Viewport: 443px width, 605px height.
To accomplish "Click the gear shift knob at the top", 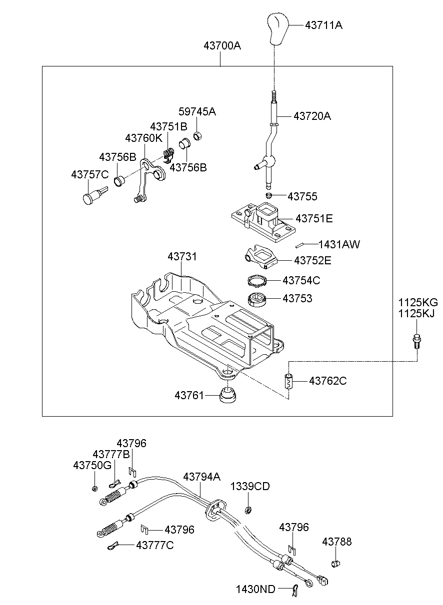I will click(x=275, y=29).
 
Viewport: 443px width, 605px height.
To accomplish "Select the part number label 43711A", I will click(x=323, y=24).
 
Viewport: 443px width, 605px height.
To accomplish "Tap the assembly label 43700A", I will click(x=222, y=46).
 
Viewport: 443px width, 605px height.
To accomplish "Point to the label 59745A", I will click(x=197, y=111).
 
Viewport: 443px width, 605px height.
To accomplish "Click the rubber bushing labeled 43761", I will click(x=228, y=397).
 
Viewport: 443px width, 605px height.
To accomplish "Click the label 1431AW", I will click(x=339, y=244).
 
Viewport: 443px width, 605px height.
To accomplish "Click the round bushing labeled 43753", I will click(x=257, y=300).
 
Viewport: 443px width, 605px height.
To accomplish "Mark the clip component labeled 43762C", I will click(x=288, y=381).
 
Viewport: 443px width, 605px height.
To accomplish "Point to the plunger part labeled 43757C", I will click(x=93, y=195).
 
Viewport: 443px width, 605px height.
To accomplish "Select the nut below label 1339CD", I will click(x=247, y=510).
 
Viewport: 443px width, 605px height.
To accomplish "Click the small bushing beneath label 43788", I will click(x=335, y=564).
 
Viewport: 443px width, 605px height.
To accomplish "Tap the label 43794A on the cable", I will click(x=201, y=477).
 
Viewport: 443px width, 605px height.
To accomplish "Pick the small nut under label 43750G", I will click(x=94, y=488).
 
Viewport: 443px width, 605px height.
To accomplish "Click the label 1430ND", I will click(x=255, y=590).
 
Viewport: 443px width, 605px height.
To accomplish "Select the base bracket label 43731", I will click(x=182, y=256).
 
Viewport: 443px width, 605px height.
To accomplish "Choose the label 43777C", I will click(x=154, y=545).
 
